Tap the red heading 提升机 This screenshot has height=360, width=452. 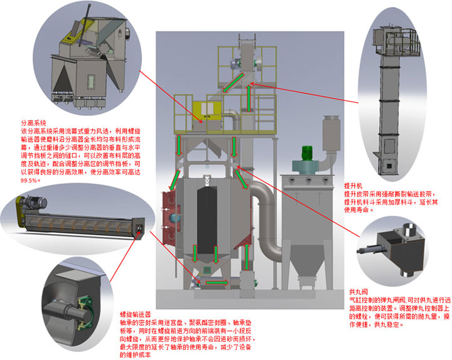coord(352,186)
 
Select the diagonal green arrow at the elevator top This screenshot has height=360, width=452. coord(232,82)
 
